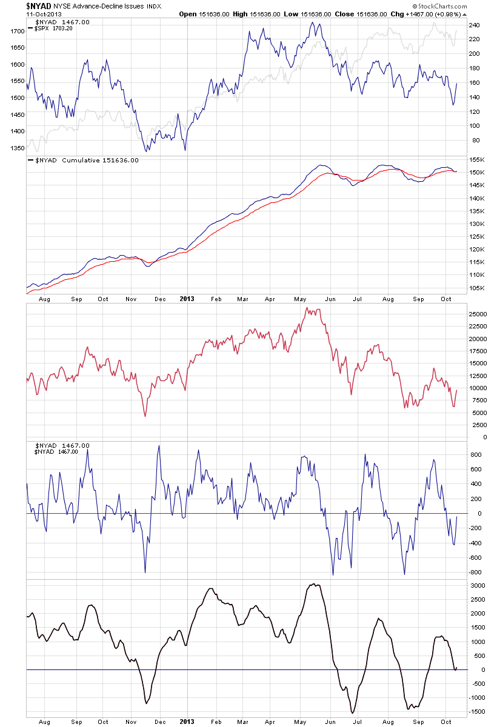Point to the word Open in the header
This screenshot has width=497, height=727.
click(x=188, y=13)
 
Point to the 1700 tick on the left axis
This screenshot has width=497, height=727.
click(x=17, y=31)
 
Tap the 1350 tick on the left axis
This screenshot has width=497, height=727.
click(x=17, y=147)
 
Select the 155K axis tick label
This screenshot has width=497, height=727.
click(x=475, y=160)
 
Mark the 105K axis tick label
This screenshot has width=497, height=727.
click(x=475, y=288)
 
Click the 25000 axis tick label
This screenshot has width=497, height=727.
click(x=478, y=314)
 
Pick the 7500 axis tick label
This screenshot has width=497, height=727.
click(x=476, y=400)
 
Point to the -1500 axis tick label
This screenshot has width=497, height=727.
click(x=476, y=712)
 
